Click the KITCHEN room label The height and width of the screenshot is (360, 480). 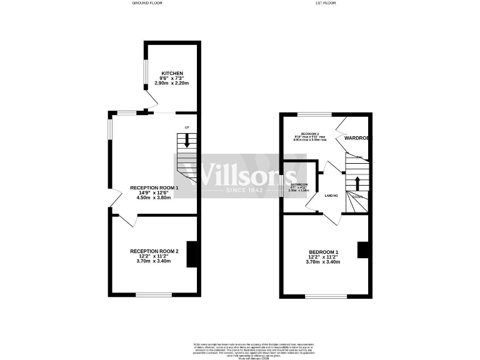172,73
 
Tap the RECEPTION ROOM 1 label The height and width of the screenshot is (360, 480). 154,187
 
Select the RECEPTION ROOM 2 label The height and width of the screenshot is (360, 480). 154,251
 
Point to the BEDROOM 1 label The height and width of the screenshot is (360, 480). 324,251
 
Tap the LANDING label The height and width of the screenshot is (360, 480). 331,196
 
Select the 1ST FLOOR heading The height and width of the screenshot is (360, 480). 325,3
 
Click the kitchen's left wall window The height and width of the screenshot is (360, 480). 145,72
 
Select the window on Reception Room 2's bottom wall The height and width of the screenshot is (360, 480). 154,294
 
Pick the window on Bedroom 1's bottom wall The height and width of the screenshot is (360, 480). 324,295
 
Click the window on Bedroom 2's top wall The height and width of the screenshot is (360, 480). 314,114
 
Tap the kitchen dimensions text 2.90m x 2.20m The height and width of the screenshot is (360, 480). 172,83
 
